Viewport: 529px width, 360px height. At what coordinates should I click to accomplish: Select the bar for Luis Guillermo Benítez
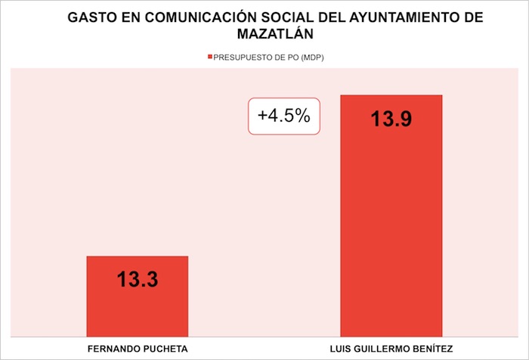tap(391, 227)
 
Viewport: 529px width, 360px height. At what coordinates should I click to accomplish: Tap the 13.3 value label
tap(137, 280)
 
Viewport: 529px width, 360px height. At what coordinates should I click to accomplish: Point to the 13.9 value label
tap(391, 119)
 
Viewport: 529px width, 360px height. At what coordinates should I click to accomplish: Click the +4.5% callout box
tap(283, 116)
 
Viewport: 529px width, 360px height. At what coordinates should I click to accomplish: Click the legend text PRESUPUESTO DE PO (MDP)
tap(269, 58)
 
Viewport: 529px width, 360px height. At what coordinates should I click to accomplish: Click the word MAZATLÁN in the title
tap(265, 34)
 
